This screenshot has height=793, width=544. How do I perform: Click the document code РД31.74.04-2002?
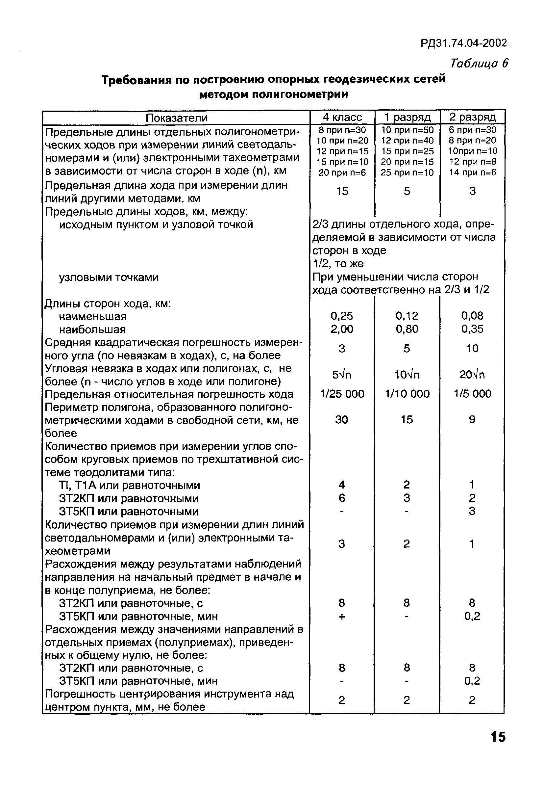[463, 43]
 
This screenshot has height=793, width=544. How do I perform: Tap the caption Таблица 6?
[479, 64]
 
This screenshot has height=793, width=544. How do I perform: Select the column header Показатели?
[176, 118]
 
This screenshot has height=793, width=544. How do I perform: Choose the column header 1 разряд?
[407, 117]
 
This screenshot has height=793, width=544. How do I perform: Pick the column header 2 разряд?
[472, 117]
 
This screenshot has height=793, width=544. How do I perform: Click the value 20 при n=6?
[342, 173]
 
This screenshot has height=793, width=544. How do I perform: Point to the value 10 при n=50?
[407, 130]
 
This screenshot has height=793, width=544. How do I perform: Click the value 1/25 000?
[342, 394]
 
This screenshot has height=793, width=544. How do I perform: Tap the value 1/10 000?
[407, 394]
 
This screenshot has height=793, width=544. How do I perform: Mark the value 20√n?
[472, 375]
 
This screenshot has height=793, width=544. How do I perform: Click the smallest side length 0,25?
[342, 316]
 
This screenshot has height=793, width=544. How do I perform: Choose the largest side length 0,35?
[472, 329]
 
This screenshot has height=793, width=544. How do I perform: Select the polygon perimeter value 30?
[341, 419]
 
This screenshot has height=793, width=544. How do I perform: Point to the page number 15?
[498, 747]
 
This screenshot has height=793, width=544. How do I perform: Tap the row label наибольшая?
[92, 330]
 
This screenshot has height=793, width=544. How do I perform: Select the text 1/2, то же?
[338, 263]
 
